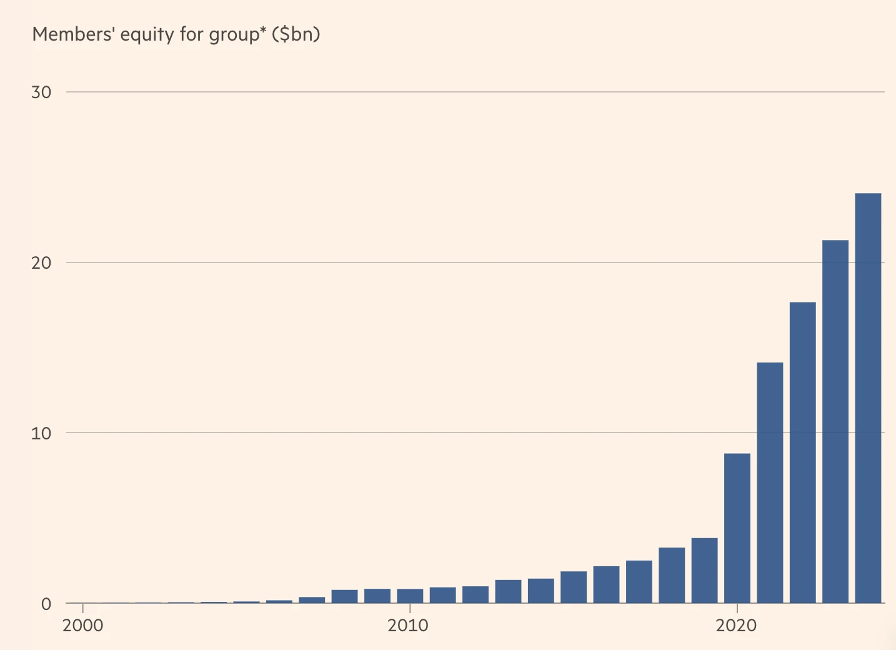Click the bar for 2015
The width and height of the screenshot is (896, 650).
point(574,587)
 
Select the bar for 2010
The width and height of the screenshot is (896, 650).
point(410,596)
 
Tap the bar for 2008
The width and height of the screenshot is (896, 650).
point(344,596)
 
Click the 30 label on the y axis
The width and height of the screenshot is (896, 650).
point(41,92)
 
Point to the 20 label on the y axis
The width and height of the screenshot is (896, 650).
point(41,263)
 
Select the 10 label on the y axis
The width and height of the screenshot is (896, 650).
point(41,433)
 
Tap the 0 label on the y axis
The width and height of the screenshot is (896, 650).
point(46,604)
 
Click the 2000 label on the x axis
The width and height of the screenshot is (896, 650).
point(82,626)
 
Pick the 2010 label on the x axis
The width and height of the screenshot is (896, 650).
point(408,626)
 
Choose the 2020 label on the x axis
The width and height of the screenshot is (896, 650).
point(736,626)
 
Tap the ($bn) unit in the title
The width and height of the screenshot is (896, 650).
point(296,34)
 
